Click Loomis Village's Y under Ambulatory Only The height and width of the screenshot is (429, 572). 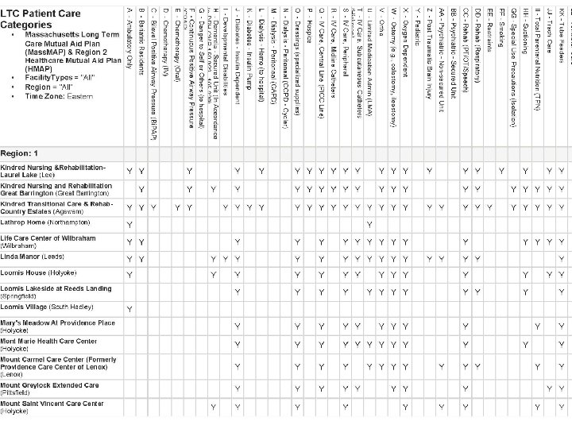click(x=129, y=308)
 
